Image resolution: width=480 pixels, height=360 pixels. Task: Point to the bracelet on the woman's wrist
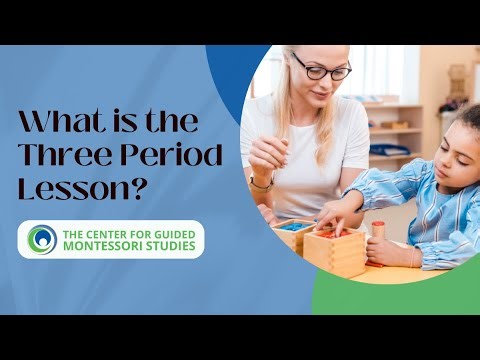(x=262, y=184)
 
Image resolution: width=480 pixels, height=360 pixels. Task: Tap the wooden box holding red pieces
(x=333, y=249)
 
